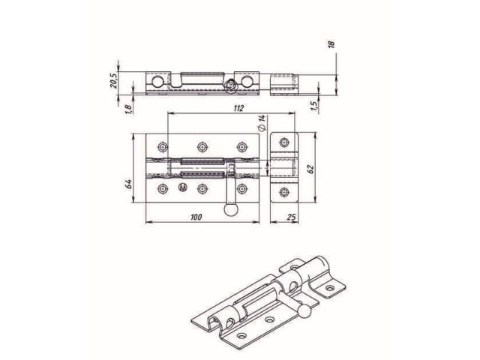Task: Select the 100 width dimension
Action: point(196,217)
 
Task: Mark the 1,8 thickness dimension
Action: point(129,109)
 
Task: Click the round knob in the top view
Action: point(230,213)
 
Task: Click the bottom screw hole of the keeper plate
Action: point(283,193)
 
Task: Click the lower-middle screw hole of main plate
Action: point(201,189)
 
